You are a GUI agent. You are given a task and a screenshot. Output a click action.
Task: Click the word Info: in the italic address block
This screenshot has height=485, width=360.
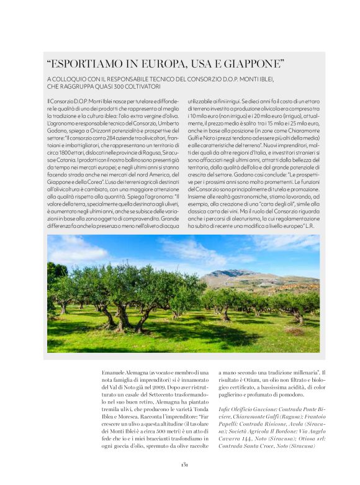226,409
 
